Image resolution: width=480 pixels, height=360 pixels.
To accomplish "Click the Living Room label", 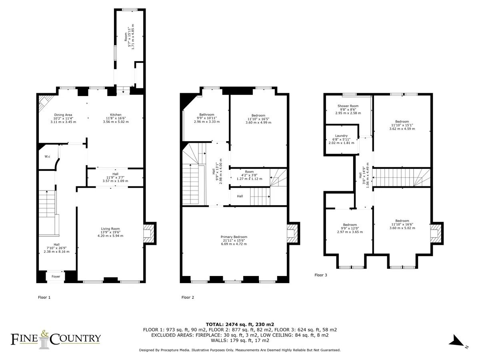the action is [x=110, y=229].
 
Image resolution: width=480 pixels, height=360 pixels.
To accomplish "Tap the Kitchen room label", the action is [x=116, y=114].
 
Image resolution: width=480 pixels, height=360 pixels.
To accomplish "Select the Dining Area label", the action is [x=63, y=115].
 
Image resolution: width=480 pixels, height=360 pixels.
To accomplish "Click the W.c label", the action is [x=47, y=156].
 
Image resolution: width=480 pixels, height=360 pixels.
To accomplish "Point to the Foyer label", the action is [x=56, y=276].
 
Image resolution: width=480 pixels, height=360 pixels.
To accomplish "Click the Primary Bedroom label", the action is [x=234, y=237].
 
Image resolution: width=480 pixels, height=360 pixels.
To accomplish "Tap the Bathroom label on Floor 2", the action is [x=207, y=114].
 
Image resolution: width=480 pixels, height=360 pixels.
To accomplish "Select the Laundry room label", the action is [x=341, y=136].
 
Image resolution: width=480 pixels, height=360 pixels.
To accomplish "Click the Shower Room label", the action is [x=348, y=106].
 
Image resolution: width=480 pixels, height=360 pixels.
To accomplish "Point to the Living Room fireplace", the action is [x=150, y=233].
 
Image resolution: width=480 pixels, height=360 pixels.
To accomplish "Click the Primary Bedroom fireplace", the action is [x=293, y=233].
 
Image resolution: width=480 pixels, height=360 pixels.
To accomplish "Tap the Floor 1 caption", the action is [x=44, y=297].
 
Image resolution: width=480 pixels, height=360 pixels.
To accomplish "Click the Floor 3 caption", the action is [x=320, y=275].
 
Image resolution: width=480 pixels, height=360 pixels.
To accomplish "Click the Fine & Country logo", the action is [x=56, y=339].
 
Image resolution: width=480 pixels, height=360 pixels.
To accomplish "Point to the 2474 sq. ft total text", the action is [x=240, y=324].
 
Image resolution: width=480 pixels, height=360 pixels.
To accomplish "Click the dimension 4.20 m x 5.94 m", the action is [x=110, y=236].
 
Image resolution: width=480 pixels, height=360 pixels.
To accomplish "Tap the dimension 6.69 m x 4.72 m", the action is [x=234, y=244].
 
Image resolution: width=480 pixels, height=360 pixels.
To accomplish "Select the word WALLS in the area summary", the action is [x=219, y=340].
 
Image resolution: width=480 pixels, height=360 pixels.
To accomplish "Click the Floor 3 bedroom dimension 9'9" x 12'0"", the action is [x=350, y=228].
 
